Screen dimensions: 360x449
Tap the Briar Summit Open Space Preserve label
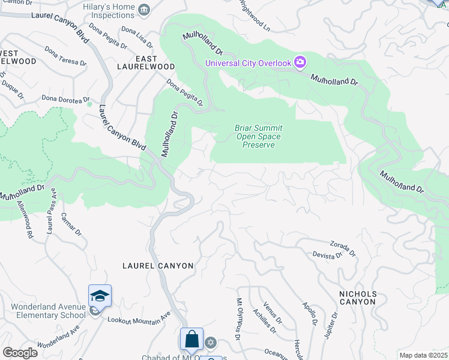coord(258,136)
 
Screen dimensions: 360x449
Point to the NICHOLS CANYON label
coord(357,298)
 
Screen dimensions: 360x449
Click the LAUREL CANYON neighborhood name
coord(158,265)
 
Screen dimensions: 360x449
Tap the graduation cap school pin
coord(100,296)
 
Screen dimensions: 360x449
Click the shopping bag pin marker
coord(191,339)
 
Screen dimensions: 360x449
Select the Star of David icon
coord(210,343)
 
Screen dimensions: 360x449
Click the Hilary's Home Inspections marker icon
coord(143,9)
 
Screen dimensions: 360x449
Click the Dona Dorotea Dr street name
coord(65,98)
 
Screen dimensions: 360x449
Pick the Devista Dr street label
coord(327,254)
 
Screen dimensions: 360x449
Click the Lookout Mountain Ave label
coord(139,317)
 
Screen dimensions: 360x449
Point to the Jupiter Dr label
coord(331,324)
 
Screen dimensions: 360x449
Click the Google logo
coord(20,352)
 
